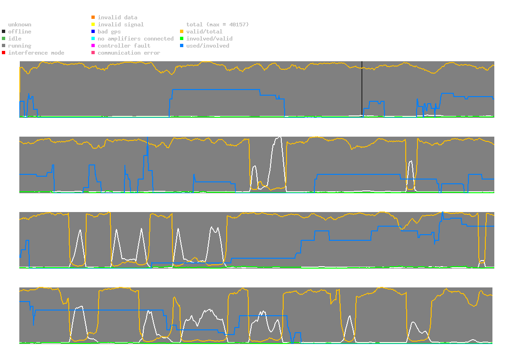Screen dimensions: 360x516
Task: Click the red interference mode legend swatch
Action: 4,53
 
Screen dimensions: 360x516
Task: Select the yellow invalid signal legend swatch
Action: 93,25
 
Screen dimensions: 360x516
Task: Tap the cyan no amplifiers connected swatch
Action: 93,39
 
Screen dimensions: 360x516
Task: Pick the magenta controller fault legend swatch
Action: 93,46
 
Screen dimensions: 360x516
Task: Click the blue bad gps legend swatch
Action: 93,32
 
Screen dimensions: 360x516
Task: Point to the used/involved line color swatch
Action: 181,46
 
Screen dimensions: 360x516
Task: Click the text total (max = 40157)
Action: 217,25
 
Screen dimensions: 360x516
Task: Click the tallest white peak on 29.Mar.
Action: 280,137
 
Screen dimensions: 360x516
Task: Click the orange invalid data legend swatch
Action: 93,17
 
